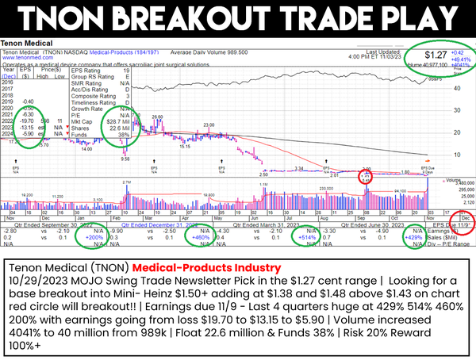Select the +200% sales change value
tap(96, 237)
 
